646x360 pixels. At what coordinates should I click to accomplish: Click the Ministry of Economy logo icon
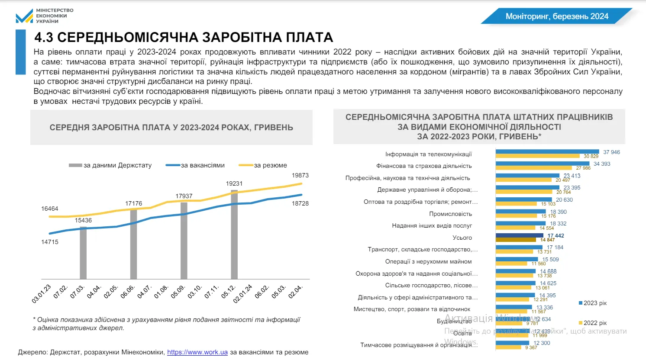[24, 16]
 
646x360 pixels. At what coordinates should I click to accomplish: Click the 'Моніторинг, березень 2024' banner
[557, 16]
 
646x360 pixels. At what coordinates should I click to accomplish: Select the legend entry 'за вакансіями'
[202, 165]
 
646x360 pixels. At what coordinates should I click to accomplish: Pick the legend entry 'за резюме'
[270, 165]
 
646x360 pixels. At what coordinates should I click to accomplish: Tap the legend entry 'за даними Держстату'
[117, 165]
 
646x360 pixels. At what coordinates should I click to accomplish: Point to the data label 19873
[300, 175]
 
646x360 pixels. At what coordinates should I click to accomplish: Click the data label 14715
[50, 242]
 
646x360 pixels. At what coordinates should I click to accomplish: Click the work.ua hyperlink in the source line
[197, 352]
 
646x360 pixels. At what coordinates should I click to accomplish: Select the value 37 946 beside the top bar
[611, 152]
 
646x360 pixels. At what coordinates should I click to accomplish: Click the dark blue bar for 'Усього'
[519, 235]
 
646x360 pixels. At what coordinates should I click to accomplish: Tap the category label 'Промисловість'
[450, 214]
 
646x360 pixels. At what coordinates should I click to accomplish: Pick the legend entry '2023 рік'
[594, 303]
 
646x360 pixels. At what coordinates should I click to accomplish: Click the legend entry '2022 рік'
[594, 323]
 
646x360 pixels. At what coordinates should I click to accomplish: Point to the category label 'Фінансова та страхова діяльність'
[424, 166]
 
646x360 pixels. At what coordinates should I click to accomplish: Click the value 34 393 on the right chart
[602, 164]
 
